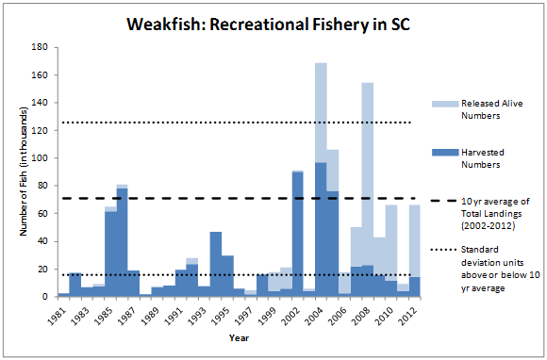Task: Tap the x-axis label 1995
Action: tap(227, 314)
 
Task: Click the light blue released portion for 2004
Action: tap(321, 113)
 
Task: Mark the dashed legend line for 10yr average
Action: tap(443, 203)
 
